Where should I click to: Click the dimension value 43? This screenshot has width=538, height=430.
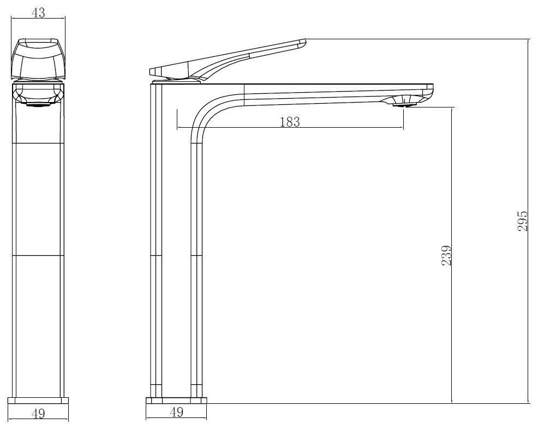click(38, 13)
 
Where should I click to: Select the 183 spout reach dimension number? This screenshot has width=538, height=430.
click(290, 122)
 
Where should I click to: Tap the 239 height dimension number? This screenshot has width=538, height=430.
click(446, 255)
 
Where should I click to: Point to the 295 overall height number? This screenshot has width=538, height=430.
click(522, 220)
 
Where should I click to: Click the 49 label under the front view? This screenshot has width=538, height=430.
click(38, 414)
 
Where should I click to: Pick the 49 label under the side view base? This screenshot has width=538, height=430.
click(176, 412)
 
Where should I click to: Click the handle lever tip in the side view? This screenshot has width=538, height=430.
click(303, 43)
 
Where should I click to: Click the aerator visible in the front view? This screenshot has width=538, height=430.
click(38, 104)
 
